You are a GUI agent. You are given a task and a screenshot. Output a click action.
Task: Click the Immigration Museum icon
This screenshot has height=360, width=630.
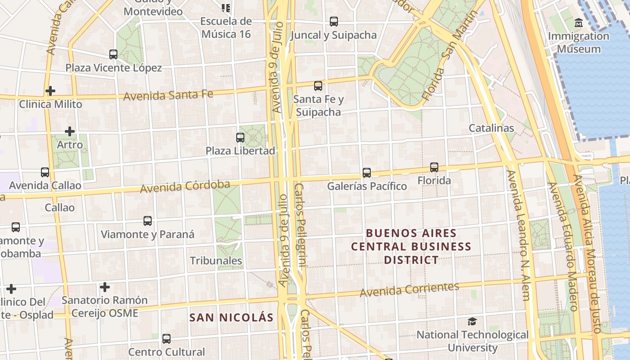point(579,22)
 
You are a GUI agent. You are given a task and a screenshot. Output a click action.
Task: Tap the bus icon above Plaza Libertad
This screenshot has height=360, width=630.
point(240,137)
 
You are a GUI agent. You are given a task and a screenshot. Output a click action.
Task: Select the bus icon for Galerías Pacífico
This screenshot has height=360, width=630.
point(367,172)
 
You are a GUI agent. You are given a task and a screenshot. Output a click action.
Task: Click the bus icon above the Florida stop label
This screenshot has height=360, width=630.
point(434,167)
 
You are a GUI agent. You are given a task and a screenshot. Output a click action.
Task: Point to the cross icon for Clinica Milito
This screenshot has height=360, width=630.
point(50,91)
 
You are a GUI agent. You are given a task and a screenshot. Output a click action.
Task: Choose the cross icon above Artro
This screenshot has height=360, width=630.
point(69,131)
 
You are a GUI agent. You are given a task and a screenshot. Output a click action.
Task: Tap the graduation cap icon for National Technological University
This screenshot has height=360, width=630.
point(472,321)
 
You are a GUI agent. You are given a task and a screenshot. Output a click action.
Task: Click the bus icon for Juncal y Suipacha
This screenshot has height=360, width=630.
point(333,21)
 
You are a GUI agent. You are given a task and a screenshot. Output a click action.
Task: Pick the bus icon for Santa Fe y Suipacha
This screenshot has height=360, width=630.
point(318,85)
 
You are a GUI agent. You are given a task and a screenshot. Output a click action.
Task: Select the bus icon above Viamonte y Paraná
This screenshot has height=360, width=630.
point(148,221)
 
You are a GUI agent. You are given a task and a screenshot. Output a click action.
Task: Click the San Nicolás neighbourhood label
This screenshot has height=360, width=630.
point(231,318)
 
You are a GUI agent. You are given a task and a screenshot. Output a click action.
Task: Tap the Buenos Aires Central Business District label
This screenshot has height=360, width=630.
point(411,247)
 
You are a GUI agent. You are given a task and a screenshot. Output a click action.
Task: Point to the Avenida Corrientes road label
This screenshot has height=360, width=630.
point(409,289)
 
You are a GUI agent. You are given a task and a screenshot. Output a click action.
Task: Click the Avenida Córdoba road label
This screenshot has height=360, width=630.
point(185,186)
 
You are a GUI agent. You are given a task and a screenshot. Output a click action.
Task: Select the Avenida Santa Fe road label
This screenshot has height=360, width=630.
point(168,95)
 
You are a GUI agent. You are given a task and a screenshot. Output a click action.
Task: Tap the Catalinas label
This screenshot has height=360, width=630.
point(491,128)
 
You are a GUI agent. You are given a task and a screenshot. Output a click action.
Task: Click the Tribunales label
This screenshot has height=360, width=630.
point(216,261)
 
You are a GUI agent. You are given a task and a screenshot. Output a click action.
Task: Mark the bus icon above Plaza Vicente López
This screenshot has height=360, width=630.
point(113,54)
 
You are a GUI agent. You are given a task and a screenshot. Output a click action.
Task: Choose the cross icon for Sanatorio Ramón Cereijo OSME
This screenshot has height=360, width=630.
point(105,287)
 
